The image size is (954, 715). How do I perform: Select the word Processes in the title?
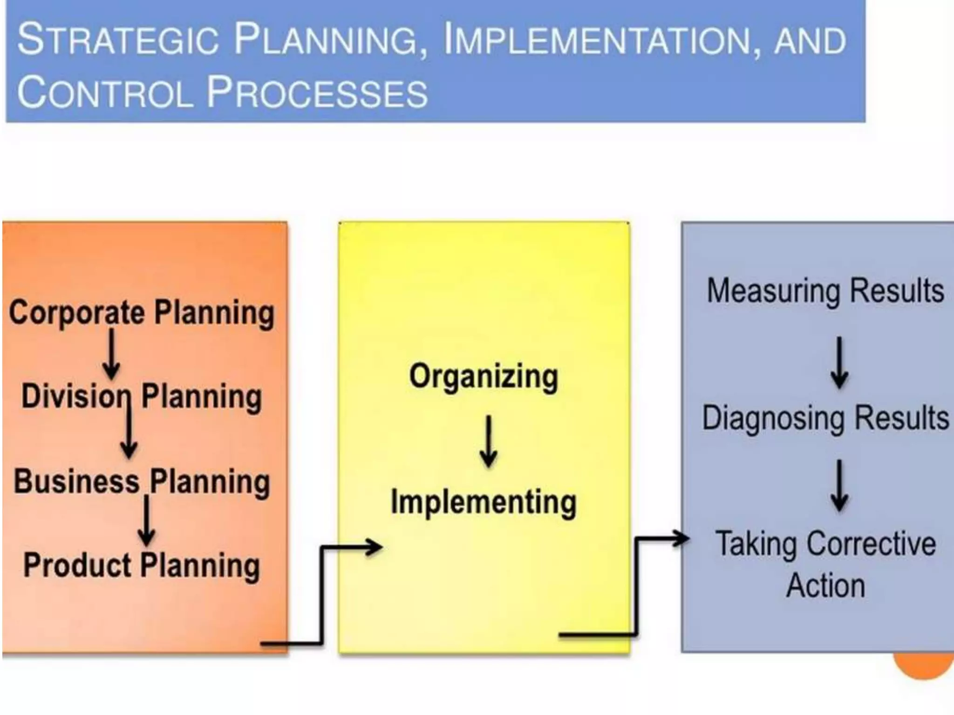pos(316,92)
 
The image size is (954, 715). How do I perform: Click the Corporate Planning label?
pos(142,313)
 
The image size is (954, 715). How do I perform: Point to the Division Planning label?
pos(142,397)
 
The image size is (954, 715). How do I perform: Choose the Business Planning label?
pos(142,481)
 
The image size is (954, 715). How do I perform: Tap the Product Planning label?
pos(142,565)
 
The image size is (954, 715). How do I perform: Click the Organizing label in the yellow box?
pos(484,377)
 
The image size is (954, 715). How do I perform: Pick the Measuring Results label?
pos(825,291)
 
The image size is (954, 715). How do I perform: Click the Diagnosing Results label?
pos(825,418)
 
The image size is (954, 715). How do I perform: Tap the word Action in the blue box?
pos(825,586)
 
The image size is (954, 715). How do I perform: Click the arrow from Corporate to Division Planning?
pos(111,354)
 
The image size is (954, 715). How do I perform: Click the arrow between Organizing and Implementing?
pos(488,441)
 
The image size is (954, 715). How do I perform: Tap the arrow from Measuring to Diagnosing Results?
pos(839,363)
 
